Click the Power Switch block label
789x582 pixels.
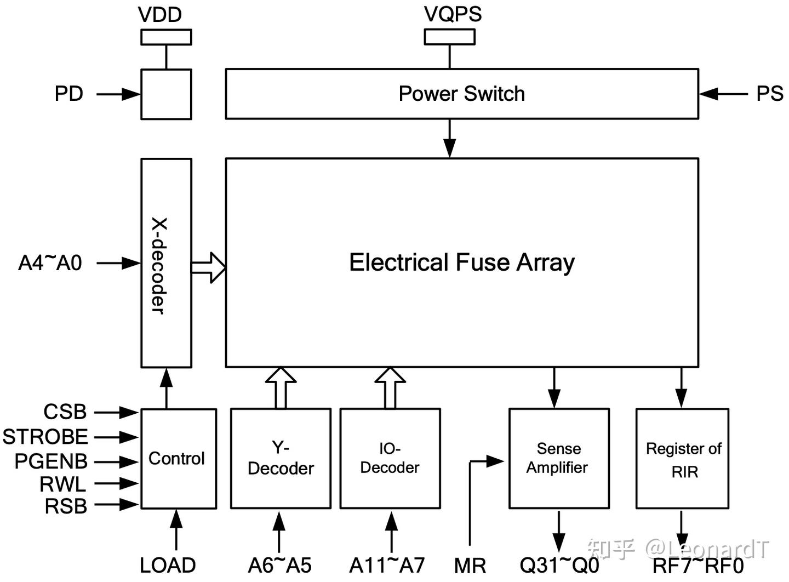(x=461, y=94)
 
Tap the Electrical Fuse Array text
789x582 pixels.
(x=462, y=263)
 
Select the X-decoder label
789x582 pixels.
(x=159, y=266)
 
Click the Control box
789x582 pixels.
(x=179, y=459)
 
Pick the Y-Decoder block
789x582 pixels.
(x=281, y=459)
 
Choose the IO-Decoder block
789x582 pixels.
(x=390, y=459)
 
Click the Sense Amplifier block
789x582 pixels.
(x=559, y=459)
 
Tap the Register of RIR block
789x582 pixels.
(x=682, y=459)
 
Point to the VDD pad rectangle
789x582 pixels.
(x=166, y=37)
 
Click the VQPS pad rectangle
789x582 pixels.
(x=449, y=37)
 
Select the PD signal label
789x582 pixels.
(x=68, y=94)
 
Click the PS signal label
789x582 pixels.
(x=770, y=94)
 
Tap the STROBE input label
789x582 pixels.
(x=45, y=437)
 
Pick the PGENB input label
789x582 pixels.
(x=51, y=461)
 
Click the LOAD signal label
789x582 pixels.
(x=168, y=566)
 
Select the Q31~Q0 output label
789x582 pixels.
(x=559, y=566)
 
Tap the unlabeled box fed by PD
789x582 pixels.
(x=166, y=94)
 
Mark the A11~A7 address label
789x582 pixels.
(x=387, y=566)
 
